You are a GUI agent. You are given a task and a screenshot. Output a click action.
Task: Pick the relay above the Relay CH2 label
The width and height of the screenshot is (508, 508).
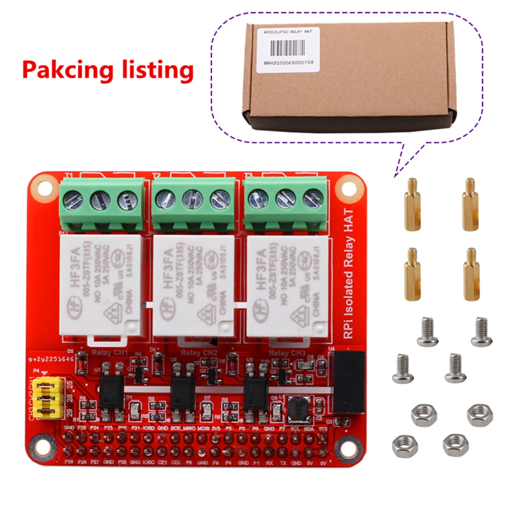(x=193, y=285)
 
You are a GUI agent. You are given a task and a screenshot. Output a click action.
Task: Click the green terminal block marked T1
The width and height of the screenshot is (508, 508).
(x=103, y=203)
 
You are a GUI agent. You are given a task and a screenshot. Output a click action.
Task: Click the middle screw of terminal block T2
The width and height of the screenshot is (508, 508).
(x=193, y=199)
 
